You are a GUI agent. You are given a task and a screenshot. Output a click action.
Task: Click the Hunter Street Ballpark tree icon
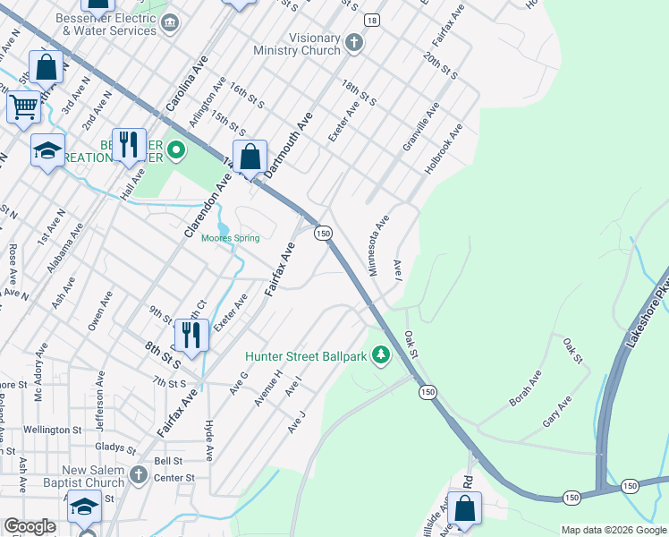click(381, 356)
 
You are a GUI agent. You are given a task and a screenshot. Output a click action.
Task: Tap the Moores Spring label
click(230, 238)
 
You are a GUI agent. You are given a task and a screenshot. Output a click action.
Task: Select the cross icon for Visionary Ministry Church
click(354, 42)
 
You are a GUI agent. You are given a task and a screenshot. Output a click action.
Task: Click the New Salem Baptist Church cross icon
click(138, 473)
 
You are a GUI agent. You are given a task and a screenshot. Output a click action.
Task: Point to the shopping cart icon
click(24, 107)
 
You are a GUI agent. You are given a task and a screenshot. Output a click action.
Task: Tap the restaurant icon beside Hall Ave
click(130, 146)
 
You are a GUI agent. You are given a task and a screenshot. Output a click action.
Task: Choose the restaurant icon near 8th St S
click(191, 334)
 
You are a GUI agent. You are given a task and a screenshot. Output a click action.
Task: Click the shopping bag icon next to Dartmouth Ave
click(251, 157)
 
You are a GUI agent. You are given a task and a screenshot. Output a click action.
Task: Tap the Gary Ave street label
click(556, 412)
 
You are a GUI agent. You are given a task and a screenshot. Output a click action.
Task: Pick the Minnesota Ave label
click(379, 244)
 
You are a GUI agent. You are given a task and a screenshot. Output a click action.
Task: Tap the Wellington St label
click(53, 430)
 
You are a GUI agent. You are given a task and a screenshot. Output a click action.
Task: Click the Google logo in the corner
click(30, 526)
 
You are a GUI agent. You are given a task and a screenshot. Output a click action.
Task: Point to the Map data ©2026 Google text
click(614, 530)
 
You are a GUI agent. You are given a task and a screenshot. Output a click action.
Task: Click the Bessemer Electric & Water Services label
click(105, 24)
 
